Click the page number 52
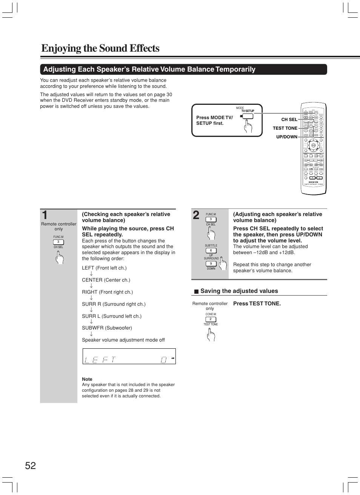31,466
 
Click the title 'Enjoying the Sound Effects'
100,48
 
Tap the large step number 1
45,215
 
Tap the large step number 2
196,215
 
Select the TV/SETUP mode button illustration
248,116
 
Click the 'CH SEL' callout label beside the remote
289,120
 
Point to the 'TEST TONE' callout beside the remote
285,128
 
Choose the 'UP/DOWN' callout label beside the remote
286,137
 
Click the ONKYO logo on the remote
313,182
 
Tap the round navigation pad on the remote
313,145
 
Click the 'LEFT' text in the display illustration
100,360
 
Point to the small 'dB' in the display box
173,358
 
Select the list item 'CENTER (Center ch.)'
106,280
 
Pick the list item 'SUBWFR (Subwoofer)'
107,328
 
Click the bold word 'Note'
87,379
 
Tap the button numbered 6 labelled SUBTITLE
211,250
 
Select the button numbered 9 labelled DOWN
211,264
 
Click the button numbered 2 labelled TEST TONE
211,319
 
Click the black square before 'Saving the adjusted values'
196,291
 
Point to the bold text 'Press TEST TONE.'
257,303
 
